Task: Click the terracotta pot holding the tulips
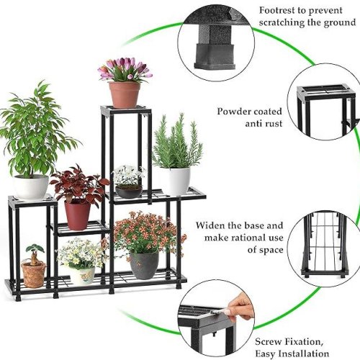point(125,95)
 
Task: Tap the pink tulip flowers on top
point(125,69)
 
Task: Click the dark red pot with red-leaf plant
point(77,215)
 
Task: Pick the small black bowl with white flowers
point(129,192)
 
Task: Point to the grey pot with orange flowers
point(144,265)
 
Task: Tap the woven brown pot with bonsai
point(34,274)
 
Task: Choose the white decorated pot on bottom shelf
point(82,276)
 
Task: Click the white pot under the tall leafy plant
point(31,187)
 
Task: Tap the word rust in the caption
point(272,124)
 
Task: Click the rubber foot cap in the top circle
point(215,55)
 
